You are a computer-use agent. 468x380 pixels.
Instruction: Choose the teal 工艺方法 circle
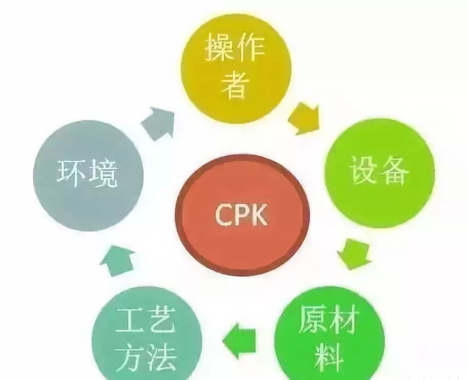coord(146,335)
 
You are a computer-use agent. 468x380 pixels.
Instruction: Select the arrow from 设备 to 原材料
coord(355,254)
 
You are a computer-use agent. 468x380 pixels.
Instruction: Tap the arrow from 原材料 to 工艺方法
coord(241,335)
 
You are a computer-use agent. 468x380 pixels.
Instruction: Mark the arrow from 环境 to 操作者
coord(157,123)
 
